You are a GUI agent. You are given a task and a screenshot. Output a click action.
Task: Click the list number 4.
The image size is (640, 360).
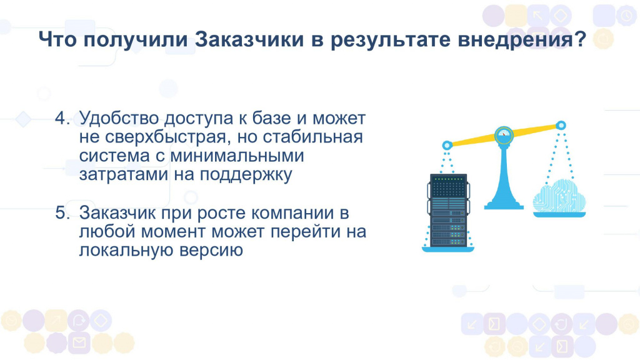click(62, 118)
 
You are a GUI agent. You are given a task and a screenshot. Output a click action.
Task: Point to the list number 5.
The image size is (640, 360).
click(62, 212)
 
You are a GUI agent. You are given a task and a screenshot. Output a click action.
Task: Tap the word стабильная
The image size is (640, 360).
click(312, 137)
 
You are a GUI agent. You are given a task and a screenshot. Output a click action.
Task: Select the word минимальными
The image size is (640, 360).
click(237, 156)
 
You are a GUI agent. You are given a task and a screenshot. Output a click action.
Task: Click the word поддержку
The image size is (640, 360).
click(246, 175)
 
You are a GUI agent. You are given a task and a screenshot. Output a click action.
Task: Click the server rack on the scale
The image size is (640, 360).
click(448, 210)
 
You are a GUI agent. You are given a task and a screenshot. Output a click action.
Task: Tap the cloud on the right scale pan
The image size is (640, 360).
click(559, 195)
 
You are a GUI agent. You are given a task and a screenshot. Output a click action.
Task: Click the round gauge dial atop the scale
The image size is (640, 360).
click(504, 135)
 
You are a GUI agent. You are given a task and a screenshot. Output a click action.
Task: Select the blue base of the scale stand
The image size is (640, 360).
click(504, 205)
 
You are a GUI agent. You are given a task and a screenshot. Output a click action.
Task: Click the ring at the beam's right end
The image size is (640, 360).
click(561, 125)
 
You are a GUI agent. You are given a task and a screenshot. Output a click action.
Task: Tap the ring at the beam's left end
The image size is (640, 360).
click(447, 145)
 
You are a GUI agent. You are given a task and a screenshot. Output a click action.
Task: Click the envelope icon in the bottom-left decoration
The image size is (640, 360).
click(79, 342)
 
